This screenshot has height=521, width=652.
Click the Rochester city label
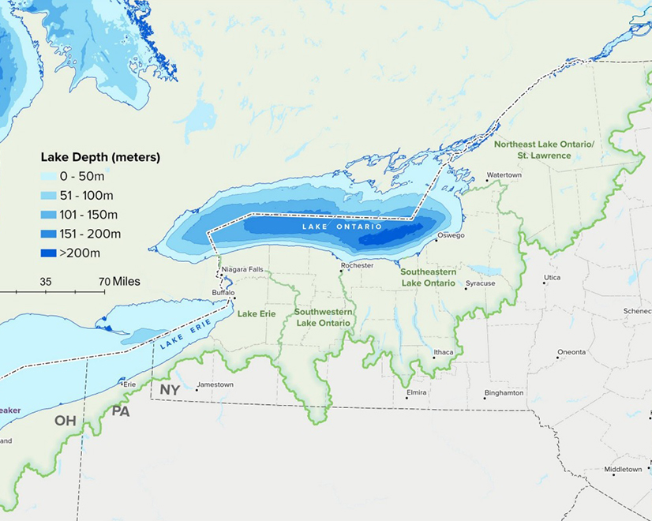point(357,266)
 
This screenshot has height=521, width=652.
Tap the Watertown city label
point(504,174)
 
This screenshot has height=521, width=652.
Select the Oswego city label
point(452,235)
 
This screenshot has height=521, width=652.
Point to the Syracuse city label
point(480,283)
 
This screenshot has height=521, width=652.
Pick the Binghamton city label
point(504,392)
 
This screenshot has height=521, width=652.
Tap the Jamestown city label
point(215,384)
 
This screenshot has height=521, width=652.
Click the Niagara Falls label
point(242,269)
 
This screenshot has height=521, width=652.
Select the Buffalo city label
point(224,293)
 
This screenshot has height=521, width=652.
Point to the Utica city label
point(553,278)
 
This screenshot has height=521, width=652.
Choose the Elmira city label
point(416,392)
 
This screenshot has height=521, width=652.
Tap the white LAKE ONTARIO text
point(342,227)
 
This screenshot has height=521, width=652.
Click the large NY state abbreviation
point(170,390)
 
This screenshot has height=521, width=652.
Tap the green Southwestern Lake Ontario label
point(324,317)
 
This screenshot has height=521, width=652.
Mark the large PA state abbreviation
point(121,410)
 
